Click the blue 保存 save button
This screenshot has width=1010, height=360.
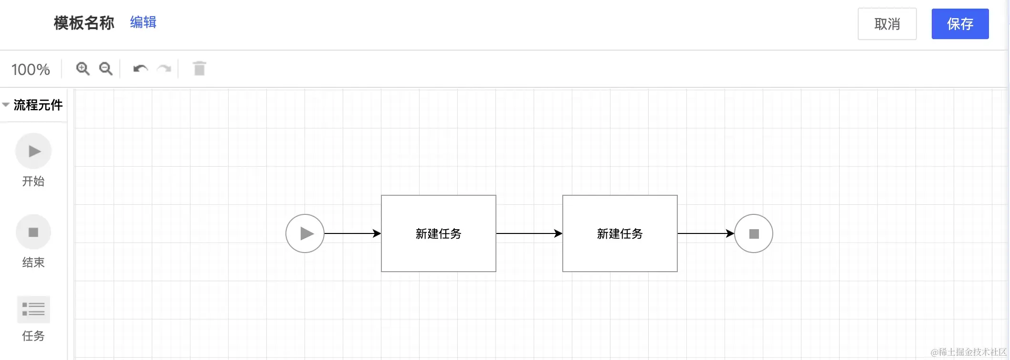pyautogui.click(x=960, y=24)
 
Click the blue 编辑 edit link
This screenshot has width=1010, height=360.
pyautogui.click(x=143, y=22)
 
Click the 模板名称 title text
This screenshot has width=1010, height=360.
pyautogui.click(x=84, y=23)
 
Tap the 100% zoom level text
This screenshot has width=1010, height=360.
pyautogui.click(x=31, y=70)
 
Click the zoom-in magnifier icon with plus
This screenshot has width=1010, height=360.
pyautogui.click(x=83, y=69)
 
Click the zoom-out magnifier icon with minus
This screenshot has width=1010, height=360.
pyautogui.click(x=105, y=69)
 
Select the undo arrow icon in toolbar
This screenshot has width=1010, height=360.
pyautogui.click(x=140, y=69)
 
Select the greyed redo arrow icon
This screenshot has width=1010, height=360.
pyautogui.click(x=164, y=69)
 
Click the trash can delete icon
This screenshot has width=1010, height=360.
pyautogui.click(x=200, y=69)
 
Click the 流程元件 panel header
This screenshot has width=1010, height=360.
pyautogui.click(x=37, y=105)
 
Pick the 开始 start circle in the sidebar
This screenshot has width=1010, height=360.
pyautogui.click(x=33, y=151)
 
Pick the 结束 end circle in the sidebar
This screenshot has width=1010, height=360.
pyautogui.click(x=33, y=232)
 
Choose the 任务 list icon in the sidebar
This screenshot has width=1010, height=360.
pyautogui.click(x=33, y=309)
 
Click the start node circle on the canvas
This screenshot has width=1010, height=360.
pyautogui.click(x=305, y=233)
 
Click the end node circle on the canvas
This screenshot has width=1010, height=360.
pyautogui.click(x=754, y=233)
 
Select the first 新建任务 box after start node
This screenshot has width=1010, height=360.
pyautogui.click(x=439, y=233)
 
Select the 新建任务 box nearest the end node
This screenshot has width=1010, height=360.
pyautogui.click(x=620, y=233)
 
